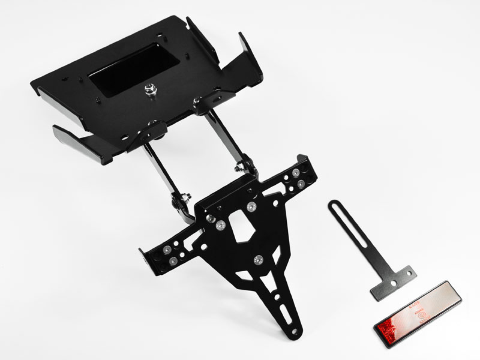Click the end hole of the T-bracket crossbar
(x=409, y=274)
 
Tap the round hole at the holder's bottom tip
(x=295, y=332)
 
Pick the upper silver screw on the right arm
(x=296, y=172)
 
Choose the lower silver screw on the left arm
(x=173, y=261)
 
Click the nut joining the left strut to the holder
(x=186, y=197)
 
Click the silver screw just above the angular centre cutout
(x=252, y=206)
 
